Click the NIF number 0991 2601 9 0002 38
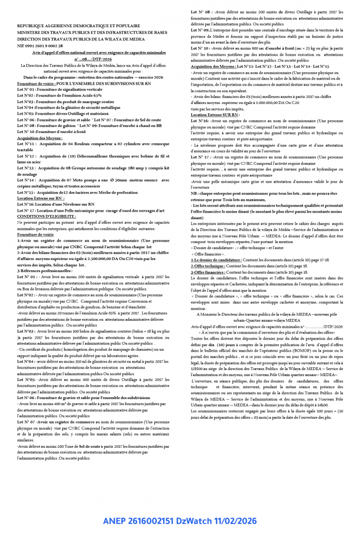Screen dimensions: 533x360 tap(40, 46)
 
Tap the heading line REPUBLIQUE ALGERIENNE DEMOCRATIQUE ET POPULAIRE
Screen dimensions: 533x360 tap(79, 26)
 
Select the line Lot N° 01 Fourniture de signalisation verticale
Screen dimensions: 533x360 tap(60, 89)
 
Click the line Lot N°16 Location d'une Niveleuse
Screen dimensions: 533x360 tap(56, 204)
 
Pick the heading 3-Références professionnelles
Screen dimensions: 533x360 tap(45, 271)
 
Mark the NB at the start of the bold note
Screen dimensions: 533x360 tap(194, 193)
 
